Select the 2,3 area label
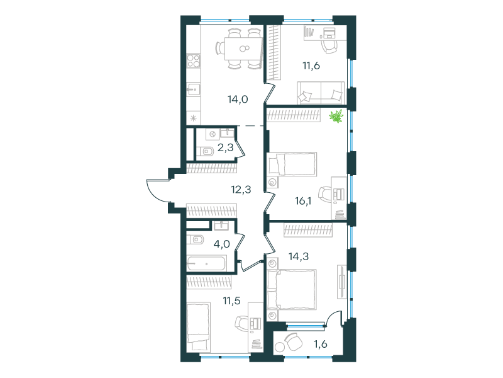pyautogui.click(x=224, y=148)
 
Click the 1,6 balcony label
pyautogui.click(x=321, y=344)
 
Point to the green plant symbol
pyautogui.click(x=338, y=117)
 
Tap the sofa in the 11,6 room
pyautogui.click(x=321, y=93)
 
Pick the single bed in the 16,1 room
pyautogui.click(x=292, y=164)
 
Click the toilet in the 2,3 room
pyautogui.click(x=206, y=151)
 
